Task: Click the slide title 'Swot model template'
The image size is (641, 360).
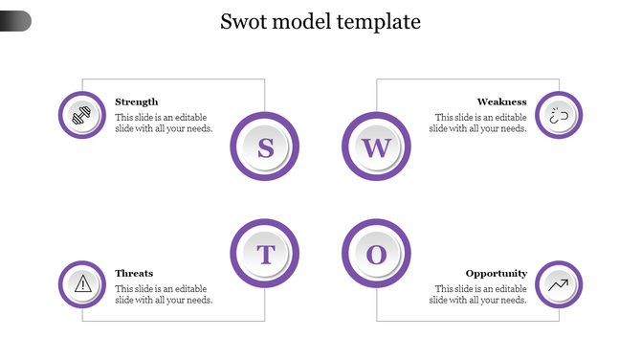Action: point(320,21)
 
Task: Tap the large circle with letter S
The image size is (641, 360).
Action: point(265,147)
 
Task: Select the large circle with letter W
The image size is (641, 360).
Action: point(376,147)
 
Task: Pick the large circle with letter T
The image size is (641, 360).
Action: point(265,255)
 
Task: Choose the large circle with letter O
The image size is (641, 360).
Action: point(376,255)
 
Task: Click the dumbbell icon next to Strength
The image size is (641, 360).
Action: point(82,115)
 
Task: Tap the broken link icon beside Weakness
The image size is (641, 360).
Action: point(559,115)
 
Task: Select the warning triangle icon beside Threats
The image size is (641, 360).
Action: point(82,283)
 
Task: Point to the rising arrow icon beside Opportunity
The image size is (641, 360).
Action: point(559,283)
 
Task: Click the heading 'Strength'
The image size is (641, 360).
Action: point(137,101)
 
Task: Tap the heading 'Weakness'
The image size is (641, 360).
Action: point(501,101)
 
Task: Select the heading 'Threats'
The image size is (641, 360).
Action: point(134,273)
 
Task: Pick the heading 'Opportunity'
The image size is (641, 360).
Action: point(496,273)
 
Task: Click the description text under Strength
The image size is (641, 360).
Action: point(164,123)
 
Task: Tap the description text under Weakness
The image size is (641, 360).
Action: point(477,123)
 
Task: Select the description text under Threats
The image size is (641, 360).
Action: point(164,294)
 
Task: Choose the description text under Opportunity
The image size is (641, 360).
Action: point(477,294)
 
